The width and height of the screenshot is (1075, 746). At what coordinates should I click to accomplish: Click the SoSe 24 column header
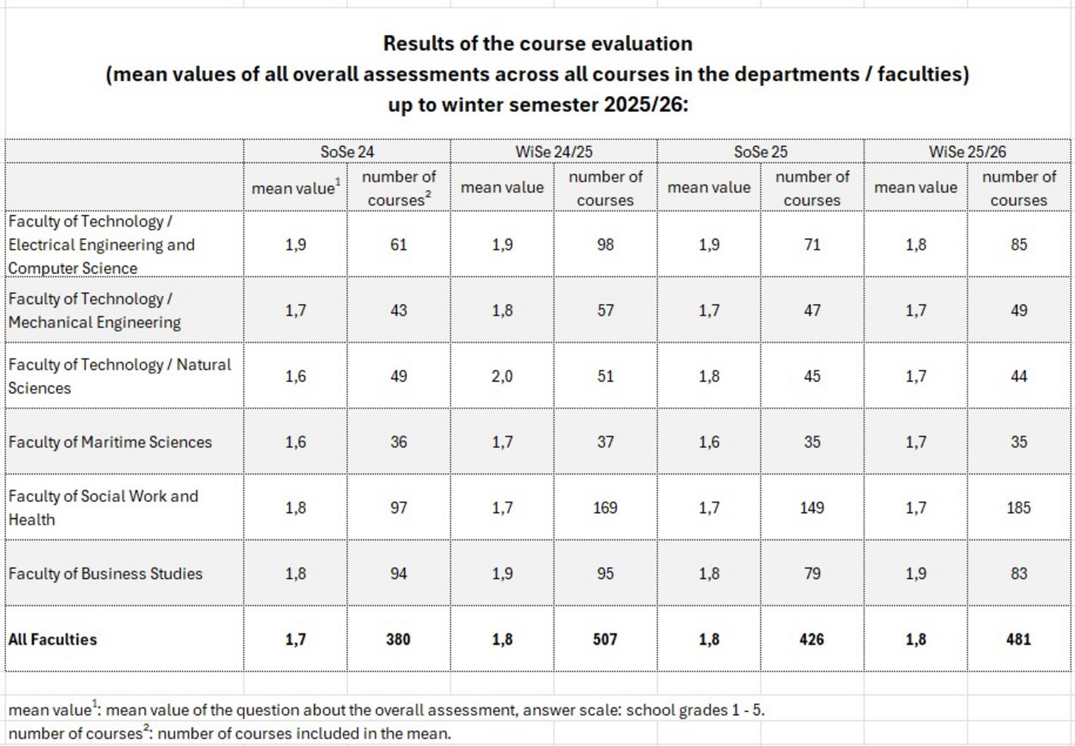347,151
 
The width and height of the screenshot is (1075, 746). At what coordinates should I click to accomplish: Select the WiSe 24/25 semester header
553,151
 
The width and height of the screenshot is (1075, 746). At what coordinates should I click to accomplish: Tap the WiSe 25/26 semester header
967,151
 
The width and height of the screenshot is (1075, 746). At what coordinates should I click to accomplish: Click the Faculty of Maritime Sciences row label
110,442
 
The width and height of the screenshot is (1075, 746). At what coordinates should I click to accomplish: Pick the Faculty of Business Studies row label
105,573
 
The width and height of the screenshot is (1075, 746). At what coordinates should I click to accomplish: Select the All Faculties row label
52,639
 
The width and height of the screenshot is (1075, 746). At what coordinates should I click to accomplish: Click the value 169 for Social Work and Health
605,508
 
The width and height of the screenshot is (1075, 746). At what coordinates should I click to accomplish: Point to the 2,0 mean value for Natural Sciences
502,376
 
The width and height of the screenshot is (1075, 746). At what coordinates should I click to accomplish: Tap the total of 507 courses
605,639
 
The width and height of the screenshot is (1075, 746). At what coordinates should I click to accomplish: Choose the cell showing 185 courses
1018,508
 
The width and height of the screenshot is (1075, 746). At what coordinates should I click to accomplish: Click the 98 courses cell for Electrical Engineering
605,244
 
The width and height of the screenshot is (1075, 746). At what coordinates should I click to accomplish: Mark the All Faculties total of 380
398,639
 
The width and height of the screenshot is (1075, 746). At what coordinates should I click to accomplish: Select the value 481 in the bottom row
1018,639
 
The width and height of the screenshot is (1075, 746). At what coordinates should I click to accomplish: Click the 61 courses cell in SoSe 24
398,244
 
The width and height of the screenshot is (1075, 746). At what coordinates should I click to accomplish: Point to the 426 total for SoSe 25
812,639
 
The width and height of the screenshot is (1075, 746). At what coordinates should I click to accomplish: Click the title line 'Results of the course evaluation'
537,44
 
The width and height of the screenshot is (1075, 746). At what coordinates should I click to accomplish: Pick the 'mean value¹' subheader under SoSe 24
295,188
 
